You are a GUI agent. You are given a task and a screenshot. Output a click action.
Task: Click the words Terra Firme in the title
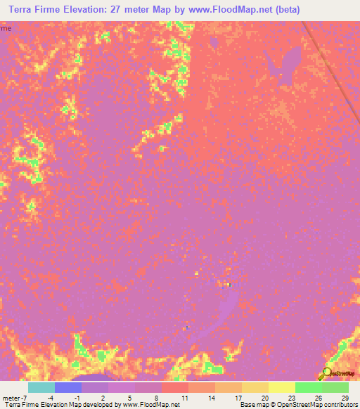(x=36, y=10)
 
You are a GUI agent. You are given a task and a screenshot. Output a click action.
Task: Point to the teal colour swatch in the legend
(x=41, y=387)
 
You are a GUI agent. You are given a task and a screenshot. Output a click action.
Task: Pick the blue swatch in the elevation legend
(x=68, y=387)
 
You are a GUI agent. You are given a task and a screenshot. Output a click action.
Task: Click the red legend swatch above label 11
(x=175, y=387)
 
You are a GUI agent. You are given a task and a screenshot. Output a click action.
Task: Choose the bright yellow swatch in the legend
(x=281, y=387)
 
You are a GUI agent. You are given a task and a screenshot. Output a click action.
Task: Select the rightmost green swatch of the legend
(x=335, y=387)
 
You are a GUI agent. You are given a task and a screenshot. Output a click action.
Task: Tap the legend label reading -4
(x=51, y=398)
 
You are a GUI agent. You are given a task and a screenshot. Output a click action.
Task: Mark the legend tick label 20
(x=263, y=398)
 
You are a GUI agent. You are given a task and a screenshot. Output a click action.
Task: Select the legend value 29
(x=344, y=398)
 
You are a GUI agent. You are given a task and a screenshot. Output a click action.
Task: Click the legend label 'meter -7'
(x=15, y=398)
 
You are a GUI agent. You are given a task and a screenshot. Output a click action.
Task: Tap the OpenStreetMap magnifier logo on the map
(x=326, y=373)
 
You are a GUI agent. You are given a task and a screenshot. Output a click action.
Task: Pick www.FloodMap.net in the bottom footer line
(x=150, y=405)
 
